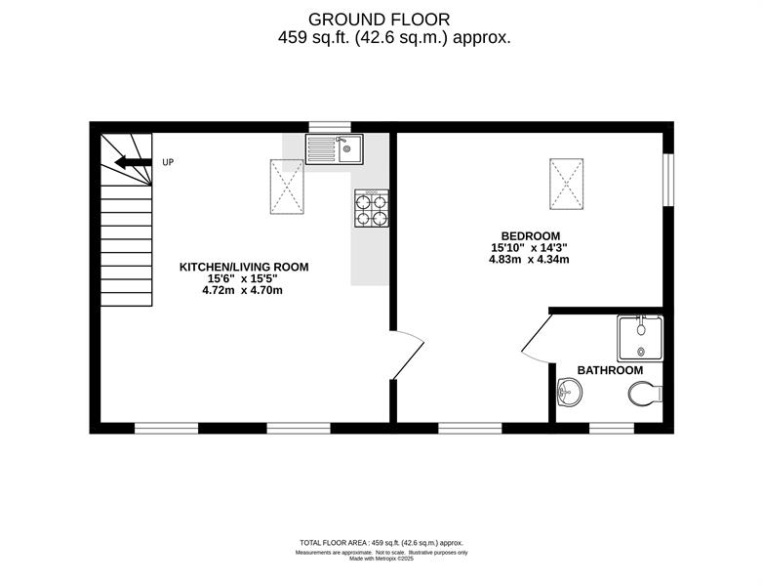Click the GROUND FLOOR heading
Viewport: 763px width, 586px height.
tap(380, 20)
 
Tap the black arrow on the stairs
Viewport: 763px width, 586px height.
tap(133, 163)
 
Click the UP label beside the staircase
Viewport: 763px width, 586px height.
tap(168, 162)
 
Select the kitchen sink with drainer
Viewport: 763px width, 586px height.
tap(335, 149)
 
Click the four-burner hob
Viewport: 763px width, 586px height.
tap(372, 208)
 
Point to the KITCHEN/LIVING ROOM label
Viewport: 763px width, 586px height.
tap(244, 267)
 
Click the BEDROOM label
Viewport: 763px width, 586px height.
tap(531, 236)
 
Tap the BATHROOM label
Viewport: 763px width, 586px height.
tap(610, 370)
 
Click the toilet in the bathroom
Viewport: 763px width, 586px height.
tap(645, 393)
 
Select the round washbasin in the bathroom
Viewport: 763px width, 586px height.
tap(570, 392)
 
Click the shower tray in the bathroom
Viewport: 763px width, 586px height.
tap(640, 339)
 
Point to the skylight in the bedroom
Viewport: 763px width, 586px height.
tap(567, 184)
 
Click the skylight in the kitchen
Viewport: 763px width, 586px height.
tap(287, 187)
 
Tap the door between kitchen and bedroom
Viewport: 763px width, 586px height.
tap(408, 356)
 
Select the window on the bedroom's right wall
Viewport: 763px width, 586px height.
tap(668, 180)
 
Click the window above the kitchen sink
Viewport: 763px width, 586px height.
tap(330, 127)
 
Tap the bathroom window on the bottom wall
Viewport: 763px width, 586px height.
tap(612, 428)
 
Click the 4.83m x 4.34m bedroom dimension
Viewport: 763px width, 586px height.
tap(529, 260)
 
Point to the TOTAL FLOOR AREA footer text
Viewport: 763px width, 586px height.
tap(381, 543)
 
